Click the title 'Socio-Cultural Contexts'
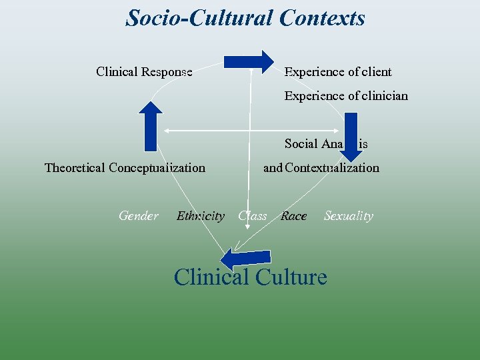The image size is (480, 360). pos(245,18)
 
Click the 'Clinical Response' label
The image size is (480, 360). pos(144,72)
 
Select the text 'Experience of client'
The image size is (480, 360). pos(338,72)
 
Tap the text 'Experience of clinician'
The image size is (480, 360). pos(346,96)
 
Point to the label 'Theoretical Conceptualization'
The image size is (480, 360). pos(125,168)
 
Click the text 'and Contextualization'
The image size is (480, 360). pos(321,168)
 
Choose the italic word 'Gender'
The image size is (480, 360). pos(139,216)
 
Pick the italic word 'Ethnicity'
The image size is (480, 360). pos(200,216)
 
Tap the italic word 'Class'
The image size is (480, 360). pos(252,216)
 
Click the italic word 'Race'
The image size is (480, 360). pos(293,216)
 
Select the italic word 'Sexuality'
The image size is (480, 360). pos(348,216)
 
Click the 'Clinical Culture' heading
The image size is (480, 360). pos(250,276)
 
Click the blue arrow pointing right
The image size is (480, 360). pos(248,62)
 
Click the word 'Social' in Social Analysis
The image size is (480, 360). pos(302,144)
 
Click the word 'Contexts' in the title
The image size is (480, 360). pos(323,18)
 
